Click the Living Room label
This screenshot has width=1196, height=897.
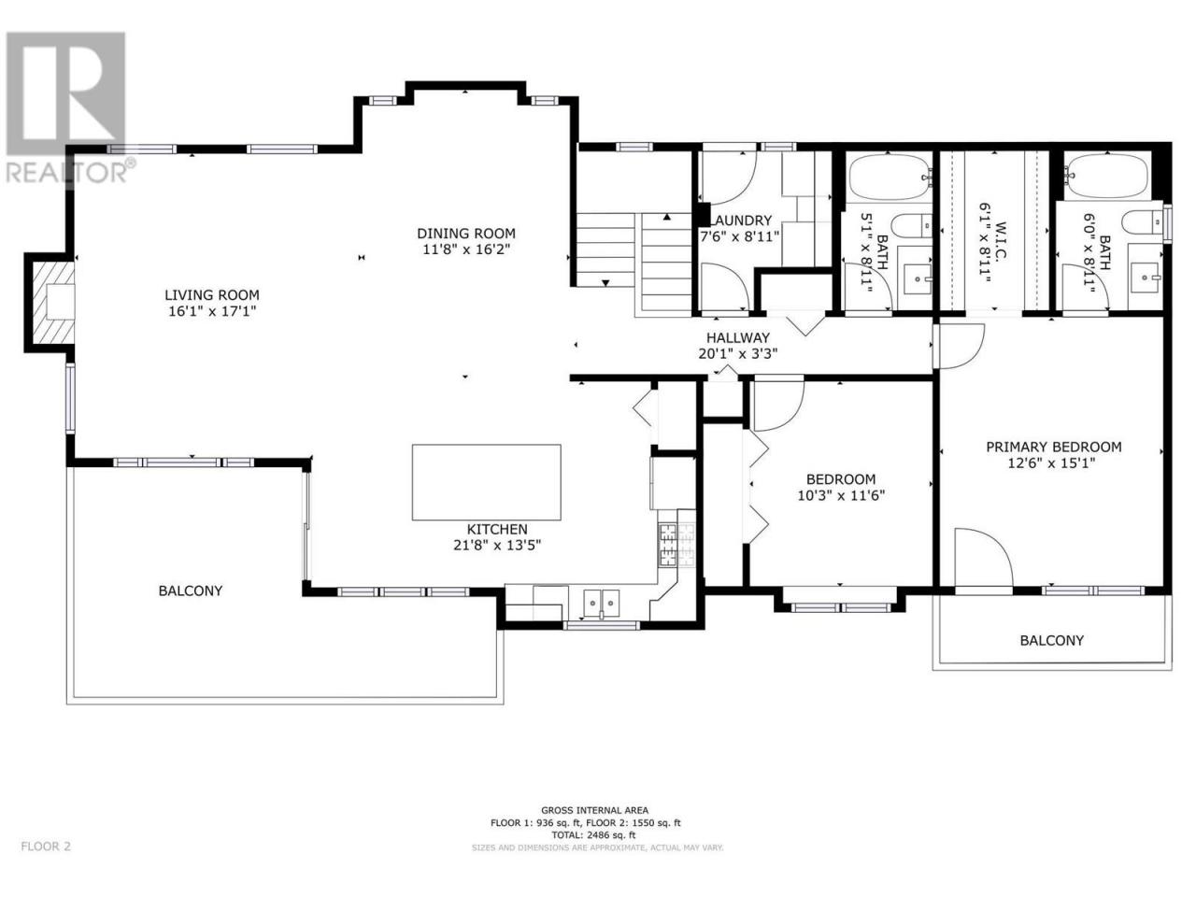(212, 295)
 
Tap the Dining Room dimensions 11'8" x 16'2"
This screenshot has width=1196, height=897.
(466, 250)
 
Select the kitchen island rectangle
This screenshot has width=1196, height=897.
(486, 482)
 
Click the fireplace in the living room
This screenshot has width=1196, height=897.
(53, 303)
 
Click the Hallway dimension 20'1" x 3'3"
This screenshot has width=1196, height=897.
(738, 353)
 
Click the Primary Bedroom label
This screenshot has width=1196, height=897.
(1053, 448)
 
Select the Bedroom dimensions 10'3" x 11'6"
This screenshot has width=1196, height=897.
(841, 495)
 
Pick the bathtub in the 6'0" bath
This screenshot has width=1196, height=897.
(1107, 175)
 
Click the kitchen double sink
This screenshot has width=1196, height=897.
(602, 603)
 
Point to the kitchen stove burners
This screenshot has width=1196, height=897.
(677, 544)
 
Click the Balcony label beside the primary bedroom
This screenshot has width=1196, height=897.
(1051, 640)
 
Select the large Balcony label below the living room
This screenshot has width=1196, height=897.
(191, 591)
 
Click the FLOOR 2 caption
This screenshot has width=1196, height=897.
(46, 861)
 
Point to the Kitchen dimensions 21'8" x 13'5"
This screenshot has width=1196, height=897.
(497, 545)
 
